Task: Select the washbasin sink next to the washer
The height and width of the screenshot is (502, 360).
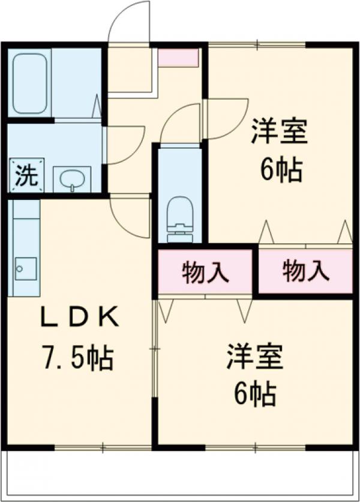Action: pos(72,179)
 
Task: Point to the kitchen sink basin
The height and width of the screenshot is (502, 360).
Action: pos(26,268)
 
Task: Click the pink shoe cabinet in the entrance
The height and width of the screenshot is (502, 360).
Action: pos(178,57)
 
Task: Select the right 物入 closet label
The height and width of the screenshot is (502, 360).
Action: pos(305,272)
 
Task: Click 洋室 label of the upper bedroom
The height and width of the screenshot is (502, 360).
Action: pos(279,132)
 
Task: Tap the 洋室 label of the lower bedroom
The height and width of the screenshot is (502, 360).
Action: pos(254,357)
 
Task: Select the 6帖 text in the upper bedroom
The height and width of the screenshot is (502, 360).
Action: pos(280,171)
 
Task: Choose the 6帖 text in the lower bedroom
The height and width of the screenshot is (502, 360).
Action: pos(254,395)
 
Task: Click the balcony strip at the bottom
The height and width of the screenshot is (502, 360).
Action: pos(180,474)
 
